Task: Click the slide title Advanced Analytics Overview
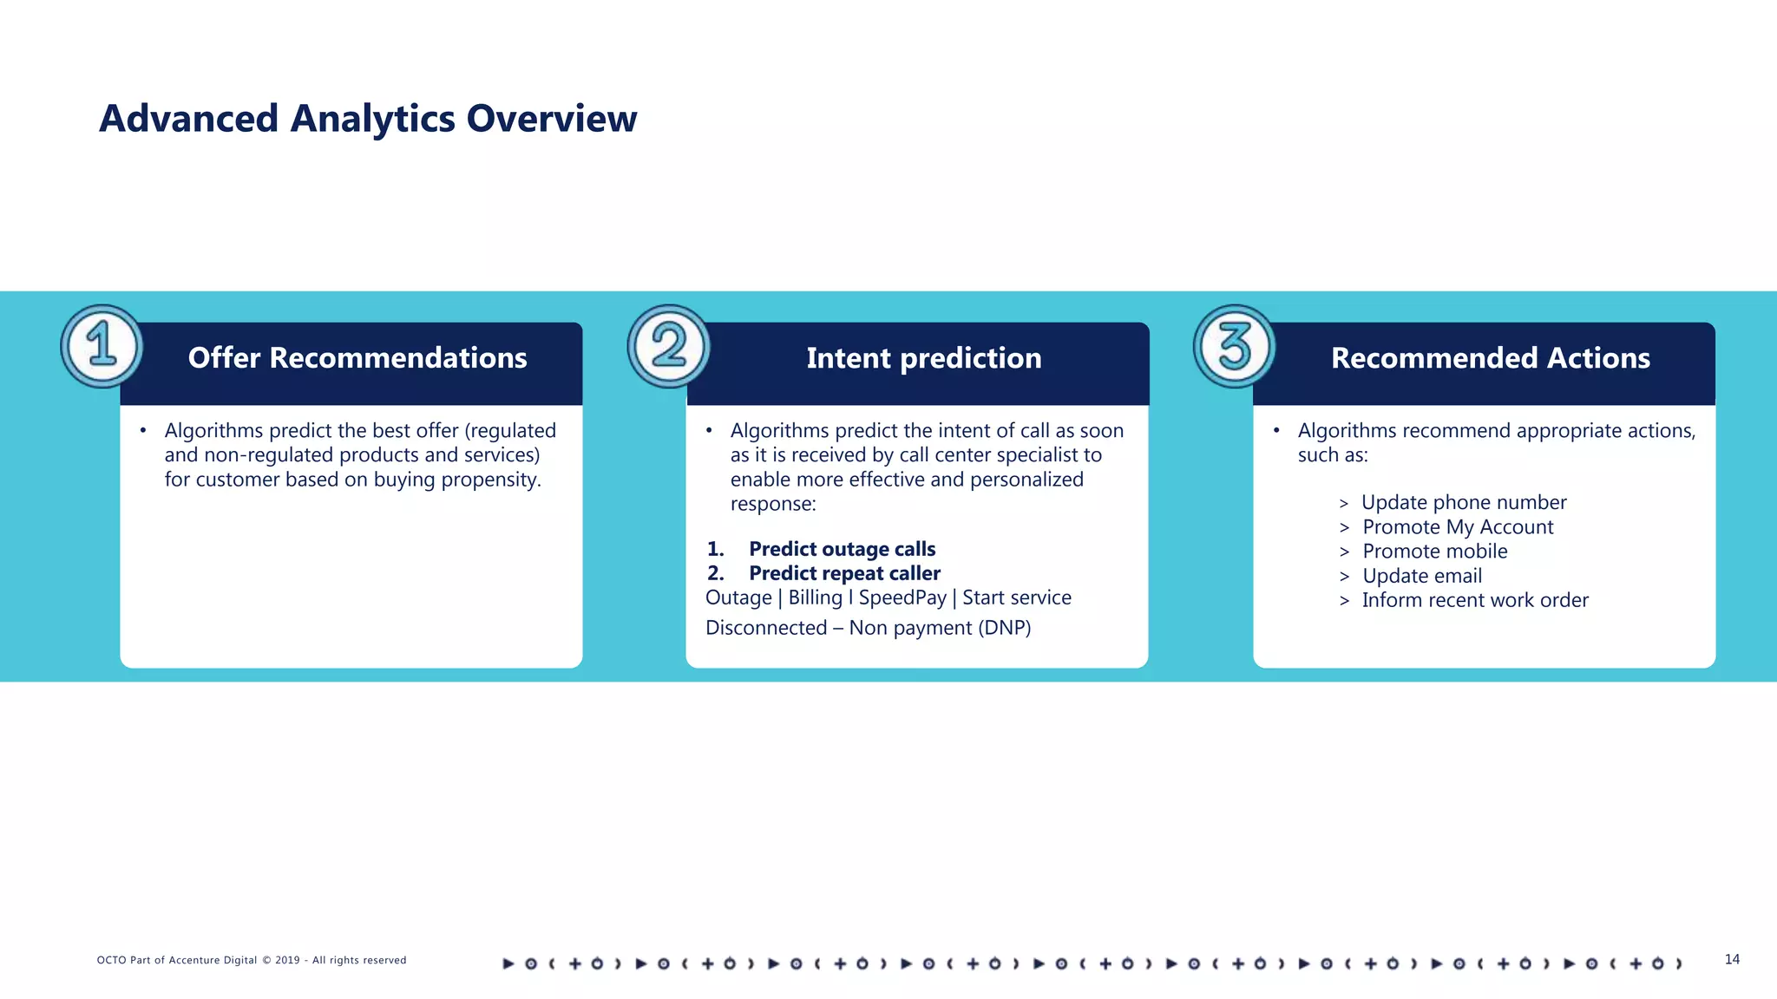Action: point(368,119)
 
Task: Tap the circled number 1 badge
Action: point(102,346)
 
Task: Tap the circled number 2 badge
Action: point(668,346)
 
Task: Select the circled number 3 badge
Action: point(1234,346)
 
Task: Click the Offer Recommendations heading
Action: point(357,358)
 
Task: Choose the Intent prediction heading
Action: point(923,358)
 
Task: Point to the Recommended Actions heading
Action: point(1490,358)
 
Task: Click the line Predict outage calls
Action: point(842,549)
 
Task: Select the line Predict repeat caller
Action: point(844,573)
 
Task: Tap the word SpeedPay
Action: point(902,597)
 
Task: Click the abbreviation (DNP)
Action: point(1004,628)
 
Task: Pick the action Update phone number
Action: point(1463,503)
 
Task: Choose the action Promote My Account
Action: point(1457,527)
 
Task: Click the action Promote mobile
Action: point(1434,552)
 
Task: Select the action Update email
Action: point(1421,576)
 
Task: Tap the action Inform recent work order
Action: point(1474,600)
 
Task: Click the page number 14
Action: point(1731,959)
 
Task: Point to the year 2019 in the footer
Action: point(287,960)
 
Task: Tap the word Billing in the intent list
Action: point(815,597)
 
